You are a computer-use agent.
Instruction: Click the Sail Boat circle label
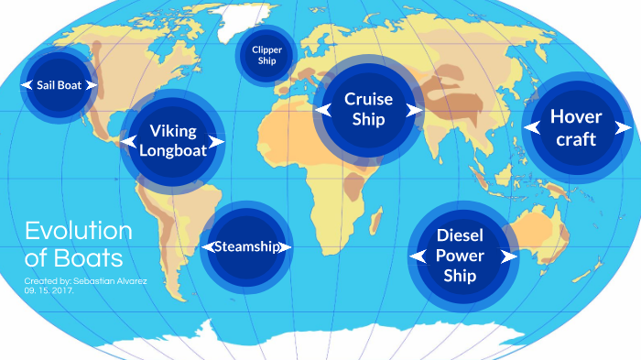[59, 84]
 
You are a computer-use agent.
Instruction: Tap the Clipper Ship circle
[267, 55]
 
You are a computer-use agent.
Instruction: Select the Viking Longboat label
[173, 142]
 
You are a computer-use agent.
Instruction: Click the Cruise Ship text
[368, 109]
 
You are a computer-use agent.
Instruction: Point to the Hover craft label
[576, 128]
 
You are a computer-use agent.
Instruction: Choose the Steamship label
[247, 246]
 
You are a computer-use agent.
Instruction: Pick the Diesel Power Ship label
[460, 255]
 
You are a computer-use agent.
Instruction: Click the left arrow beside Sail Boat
[27, 84]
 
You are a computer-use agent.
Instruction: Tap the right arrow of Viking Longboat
[217, 142]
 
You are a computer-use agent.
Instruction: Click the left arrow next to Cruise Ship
[322, 109]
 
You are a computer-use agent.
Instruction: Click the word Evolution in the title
[78, 230]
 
